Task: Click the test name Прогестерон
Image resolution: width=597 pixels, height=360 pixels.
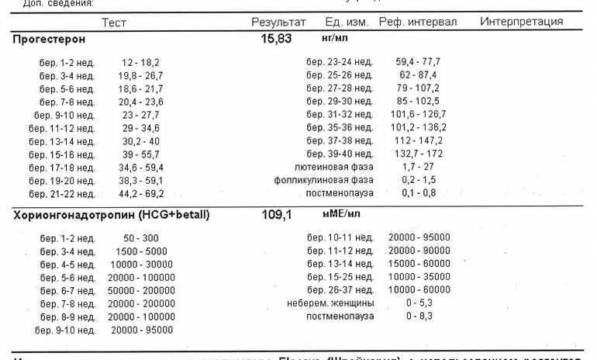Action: click(x=49, y=39)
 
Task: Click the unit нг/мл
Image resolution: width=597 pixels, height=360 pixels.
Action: click(x=338, y=37)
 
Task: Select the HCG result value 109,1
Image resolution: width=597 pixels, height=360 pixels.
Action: click(x=276, y=215)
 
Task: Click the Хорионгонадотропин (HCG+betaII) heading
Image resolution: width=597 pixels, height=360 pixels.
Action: click(x=111, y=215)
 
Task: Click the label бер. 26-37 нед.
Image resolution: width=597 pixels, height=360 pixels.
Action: click(x=340, y=290)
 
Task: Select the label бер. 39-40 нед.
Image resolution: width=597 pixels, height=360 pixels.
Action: click(x=340, y=154)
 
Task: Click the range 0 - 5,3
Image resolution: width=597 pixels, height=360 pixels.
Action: click(x=419, y=303)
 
